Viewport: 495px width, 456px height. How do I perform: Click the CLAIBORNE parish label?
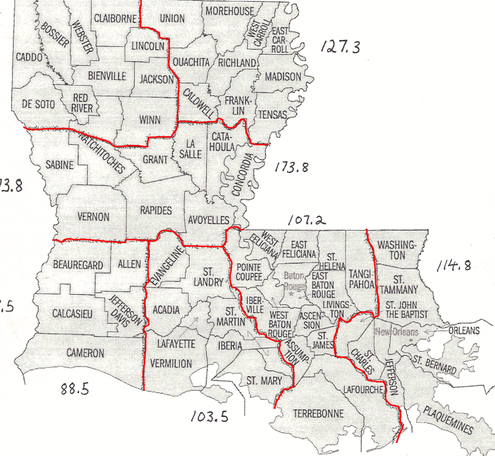coord(116,18)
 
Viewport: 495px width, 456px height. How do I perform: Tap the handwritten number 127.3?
coord(340,47)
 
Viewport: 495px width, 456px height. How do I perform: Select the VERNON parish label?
coord(94,217)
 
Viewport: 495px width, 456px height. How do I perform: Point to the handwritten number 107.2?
coord(306,221)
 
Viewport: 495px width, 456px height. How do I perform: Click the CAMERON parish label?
coord(85,353)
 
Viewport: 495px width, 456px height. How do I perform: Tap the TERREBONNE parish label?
coord(319,414)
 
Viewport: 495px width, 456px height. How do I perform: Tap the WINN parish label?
coord(149,120)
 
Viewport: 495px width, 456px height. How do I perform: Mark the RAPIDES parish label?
coord(156,210)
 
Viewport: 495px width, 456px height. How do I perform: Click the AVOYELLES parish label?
coord(208,220)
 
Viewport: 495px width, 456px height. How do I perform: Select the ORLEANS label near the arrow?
coord(464,331)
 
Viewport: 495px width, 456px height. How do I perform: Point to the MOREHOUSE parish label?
coord(230,11)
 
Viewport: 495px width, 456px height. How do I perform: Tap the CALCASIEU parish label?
coord(73,314)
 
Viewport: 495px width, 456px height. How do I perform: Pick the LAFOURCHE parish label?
coord(363,390)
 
